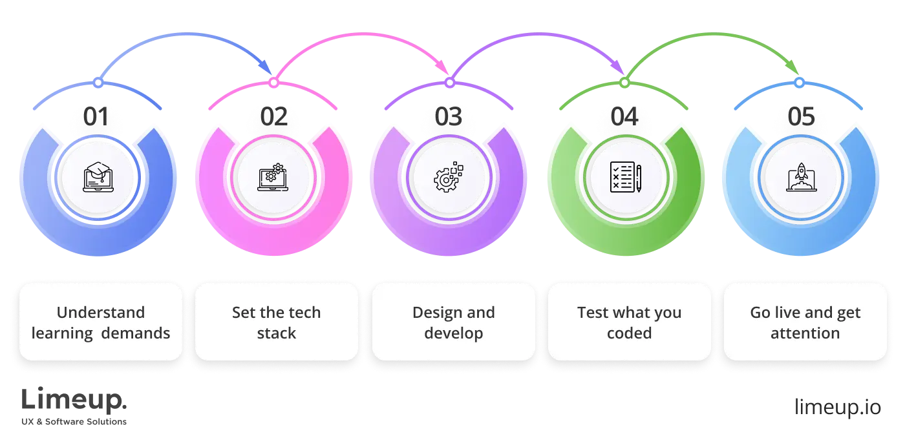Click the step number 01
pos(96,118)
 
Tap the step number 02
pos(273,118)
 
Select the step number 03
pos(449,118)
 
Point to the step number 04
pos(625,118)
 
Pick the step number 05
pos(801,118)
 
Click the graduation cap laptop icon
pos(98,178)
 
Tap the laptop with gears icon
pos(273,178)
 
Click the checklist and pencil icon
pos(625,178)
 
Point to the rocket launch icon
pos(801,178)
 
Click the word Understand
pos(100,313)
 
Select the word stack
pos(276,333)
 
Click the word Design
pos(436,313)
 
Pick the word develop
pos(453,333)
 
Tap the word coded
pos(629,333)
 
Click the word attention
pos(805,333)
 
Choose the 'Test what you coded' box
pos(629,321)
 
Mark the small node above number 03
pos(449,83)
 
